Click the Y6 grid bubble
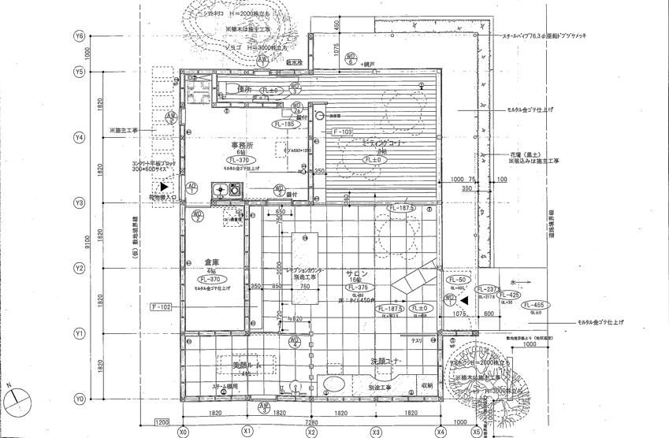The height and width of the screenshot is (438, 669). [79, 36]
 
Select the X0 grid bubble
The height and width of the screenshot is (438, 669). [183, 431]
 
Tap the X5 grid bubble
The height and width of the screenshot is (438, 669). [477, 431]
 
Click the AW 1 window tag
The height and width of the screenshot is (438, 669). [262, 58]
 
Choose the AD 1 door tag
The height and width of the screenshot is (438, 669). [191, 187]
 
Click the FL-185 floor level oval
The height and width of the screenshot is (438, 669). [284, 124]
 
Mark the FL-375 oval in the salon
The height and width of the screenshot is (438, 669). [356, 288]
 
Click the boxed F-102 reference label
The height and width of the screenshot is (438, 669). [160, 306]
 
